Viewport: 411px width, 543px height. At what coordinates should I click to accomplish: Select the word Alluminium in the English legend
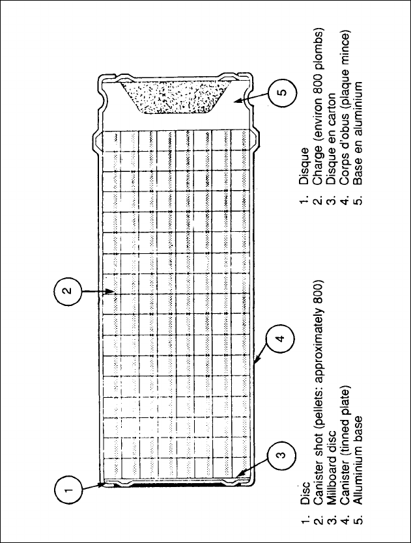click(356, 449)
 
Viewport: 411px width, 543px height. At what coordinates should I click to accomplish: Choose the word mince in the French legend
click(343, 44)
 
